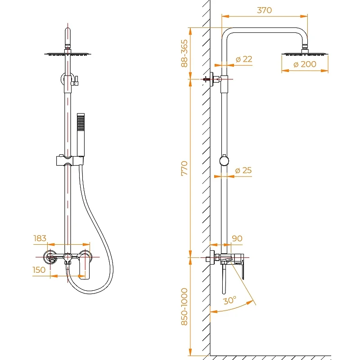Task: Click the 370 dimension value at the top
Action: coord(264,10)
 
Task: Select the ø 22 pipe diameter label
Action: coord(244,59)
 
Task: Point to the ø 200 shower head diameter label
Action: coord(305,64)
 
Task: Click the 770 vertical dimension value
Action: coord(184,167)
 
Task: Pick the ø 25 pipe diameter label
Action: coord(243,171)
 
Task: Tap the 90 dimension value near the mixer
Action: coord(237,238)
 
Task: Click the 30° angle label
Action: coord(230,301)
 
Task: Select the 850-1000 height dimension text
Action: coord(184,313)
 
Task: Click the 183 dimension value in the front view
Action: coord(40,238)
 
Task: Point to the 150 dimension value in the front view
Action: coord(39,270)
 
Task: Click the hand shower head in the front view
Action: coord(81,122)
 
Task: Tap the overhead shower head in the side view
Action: coord(305,54)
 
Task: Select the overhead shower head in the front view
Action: coord(67,54)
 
